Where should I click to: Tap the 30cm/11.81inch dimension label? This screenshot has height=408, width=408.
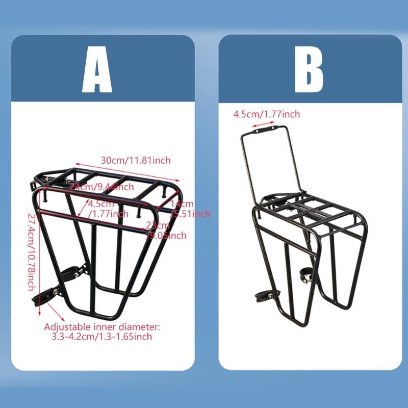pos(136,160)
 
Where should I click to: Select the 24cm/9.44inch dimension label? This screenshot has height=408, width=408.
pos(102,187)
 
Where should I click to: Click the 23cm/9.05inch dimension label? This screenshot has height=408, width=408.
pos(166,231)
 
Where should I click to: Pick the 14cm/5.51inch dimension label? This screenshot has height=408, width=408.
pos(190,210)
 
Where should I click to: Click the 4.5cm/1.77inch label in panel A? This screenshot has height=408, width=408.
pos(108,209)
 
